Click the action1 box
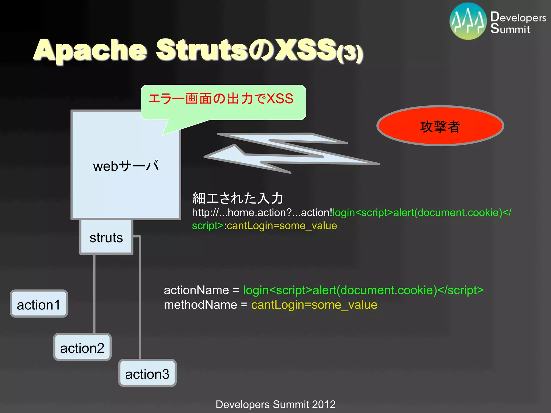39,304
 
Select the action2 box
82,347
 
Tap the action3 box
147,373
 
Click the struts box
106,237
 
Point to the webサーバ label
126,166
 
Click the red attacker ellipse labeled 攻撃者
440,126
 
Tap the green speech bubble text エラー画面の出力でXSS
221,99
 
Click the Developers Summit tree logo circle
468,21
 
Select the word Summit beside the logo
510,29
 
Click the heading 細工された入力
238,198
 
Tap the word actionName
196,290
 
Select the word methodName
200,305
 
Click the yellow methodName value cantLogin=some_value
314,305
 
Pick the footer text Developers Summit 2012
275,404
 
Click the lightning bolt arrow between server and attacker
291,152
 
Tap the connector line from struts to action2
94,293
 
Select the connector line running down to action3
140,296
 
